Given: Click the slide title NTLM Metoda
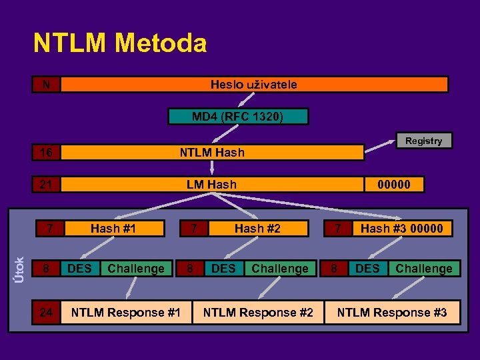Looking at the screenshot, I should (x=120, y=44).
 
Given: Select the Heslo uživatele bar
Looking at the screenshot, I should (x=254, y=85).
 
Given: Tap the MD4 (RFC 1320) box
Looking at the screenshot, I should (x=238, y=117).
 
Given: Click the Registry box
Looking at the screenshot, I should (x=423, y=141).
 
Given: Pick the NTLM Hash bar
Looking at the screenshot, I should (x=212, y=153).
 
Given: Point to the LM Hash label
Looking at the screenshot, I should (x=211, y=184).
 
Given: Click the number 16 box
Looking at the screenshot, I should (x=46, y=153).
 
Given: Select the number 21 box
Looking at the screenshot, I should (x=46, y=184).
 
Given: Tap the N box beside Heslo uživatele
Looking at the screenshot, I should (x=46, y=85).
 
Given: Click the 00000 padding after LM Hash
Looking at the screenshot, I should (x=394, y=184).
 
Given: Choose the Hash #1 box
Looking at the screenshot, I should (x=113, y=229).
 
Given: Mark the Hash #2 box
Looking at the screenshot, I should (x=257, y=229).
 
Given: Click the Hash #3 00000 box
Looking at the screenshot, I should (x=401, y=229).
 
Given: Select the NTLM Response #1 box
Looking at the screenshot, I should (x=126, y=312).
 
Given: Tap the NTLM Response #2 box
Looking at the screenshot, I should (x=258, y=312).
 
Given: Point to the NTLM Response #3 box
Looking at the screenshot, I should (x=392, y=312).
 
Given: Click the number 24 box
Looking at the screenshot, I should (x=46, y=312).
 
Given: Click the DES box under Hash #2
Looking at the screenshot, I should (x=223, y=268).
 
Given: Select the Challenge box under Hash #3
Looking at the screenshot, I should (x=424, y=268).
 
